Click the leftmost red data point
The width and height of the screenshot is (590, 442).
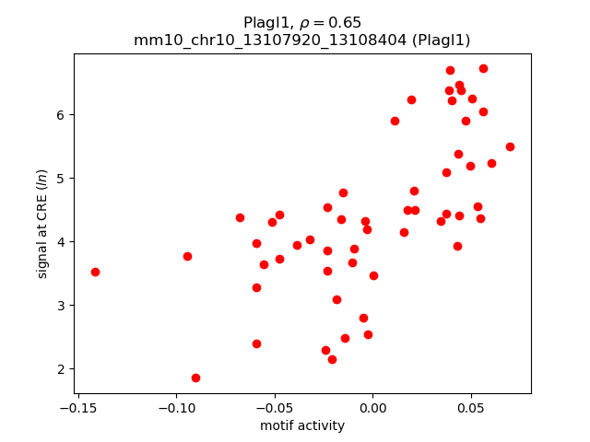tap(95, 272)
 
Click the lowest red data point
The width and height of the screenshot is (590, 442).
tap(195, 378)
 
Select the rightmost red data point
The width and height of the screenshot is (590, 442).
tap(510, 146)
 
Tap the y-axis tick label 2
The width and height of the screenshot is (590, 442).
tap(60, 369)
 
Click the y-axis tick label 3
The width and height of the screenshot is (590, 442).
tap(60, 306)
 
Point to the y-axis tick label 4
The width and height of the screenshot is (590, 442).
tap(60, 242)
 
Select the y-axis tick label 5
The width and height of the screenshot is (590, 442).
tap(60, 179)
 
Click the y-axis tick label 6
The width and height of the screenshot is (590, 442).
tap(60, 115)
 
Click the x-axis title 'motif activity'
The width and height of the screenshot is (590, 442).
tap(302, 425)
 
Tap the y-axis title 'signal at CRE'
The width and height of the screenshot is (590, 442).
tap(41, 223)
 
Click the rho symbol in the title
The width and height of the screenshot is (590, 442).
tap(307, 23)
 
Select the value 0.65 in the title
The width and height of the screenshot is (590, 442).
tap(347, 22)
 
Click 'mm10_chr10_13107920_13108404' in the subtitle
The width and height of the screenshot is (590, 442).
tap(266, 41)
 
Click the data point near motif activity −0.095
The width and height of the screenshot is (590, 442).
tap(187, 256)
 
